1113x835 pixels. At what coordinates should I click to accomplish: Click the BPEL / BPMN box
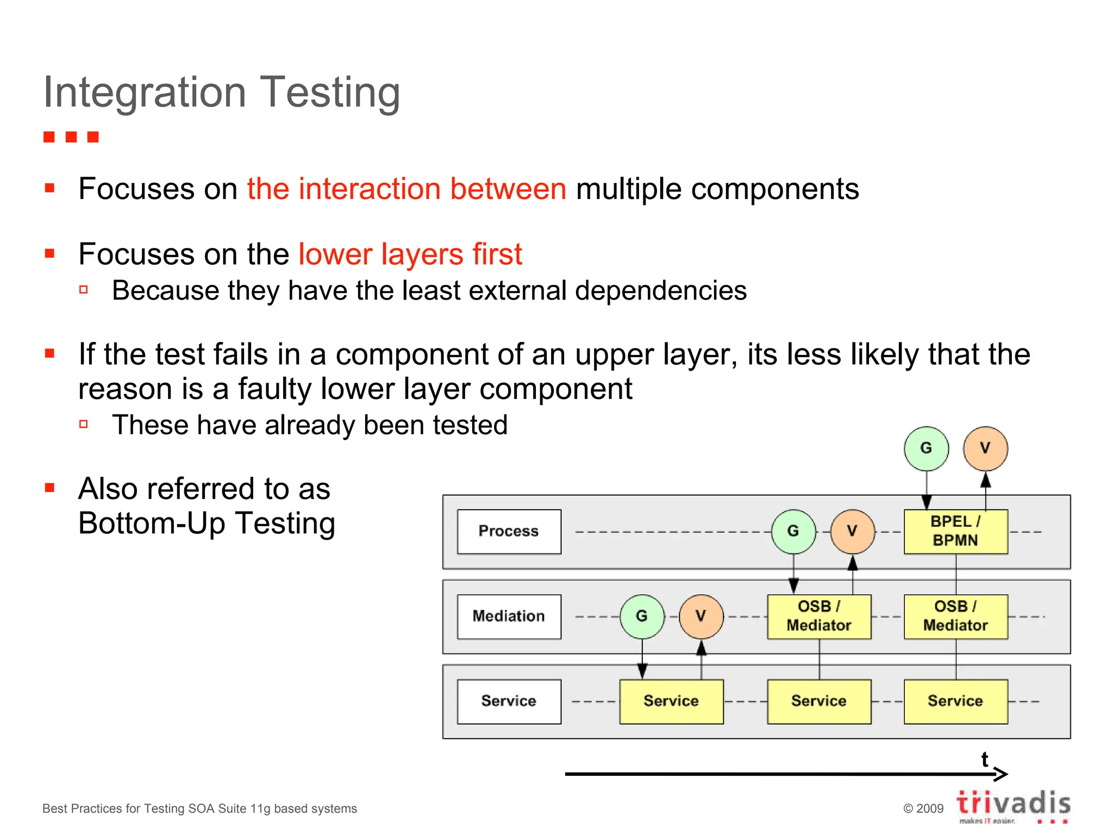pyautogui.click(x=955, y=531)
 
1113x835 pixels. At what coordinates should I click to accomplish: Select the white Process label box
pyautogui.click(x=509, y=531)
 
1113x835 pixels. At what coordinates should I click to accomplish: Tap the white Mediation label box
pyautogui.click(x=509, y=616)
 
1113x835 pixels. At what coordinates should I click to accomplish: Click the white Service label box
pyautogui.click(x=509, y=701)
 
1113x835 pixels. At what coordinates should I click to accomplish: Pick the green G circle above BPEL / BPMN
pyautogui.click(x=926, y=448)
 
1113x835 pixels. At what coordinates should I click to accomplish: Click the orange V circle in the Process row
pyautogui.click(x=852, y=531)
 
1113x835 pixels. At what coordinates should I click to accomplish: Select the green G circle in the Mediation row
pyautogui.click(x=642, y=616)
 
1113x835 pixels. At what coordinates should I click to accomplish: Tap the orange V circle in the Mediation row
pyautogui.click(x=701, y=616)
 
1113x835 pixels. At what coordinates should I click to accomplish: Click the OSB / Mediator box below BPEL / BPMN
pyautogui.click(x=955, y=616)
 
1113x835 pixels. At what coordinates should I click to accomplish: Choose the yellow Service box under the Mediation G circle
pyautogui.click(x=671, y=701)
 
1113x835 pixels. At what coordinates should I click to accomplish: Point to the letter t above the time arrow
pyautogui.click(x=984, y=759)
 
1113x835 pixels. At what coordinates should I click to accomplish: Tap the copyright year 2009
pyautogui.click(x=930, y=808)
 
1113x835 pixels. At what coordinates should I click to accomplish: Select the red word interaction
pyautogui.click(x=369, y=189)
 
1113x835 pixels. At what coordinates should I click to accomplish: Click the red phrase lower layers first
pyautogui.click(x=410, y=254)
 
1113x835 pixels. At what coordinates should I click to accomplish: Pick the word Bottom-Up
pyautogui.click(x=152, y=523)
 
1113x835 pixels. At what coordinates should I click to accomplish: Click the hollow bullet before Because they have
pyautogui.click(x=84, y=290)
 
